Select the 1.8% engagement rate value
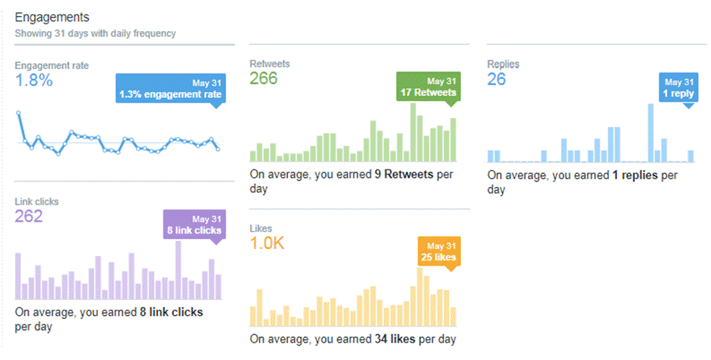(34, 81)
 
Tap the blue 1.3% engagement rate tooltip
(170, 89)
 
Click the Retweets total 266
(264, 79)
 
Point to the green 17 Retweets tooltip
(428, 87)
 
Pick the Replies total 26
(496, 79)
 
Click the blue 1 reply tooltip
(678, 87)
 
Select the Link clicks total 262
(29, 216)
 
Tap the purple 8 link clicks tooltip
(195, 224)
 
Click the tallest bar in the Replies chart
(651, 133)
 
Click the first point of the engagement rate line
(18, 112)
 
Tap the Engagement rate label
(52, 66)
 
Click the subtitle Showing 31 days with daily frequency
(95, 33)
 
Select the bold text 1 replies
(635, 175)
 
